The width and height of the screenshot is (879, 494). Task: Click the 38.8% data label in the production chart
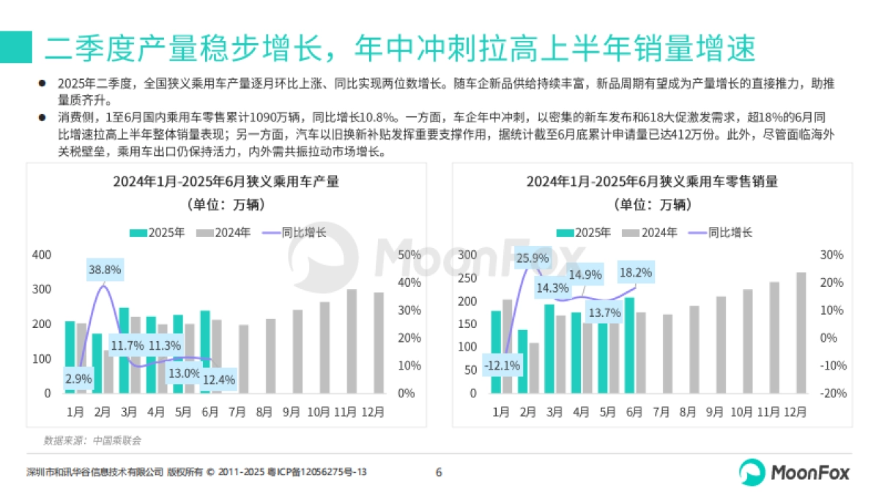[105, 269]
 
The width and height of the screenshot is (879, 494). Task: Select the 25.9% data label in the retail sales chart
[532, 258]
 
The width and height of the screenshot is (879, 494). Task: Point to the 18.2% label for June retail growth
[635, 272]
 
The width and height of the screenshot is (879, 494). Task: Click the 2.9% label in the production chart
[78, 379]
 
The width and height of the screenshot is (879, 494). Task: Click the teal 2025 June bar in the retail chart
[629, 345]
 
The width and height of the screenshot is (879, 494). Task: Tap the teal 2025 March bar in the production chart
[124, 350]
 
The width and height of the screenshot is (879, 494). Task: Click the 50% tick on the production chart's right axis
[408, 255]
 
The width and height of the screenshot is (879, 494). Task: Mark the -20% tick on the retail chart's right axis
[832, 393]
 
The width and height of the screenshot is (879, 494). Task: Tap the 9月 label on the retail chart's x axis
[715, 413]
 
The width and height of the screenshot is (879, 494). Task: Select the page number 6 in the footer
[439, 472]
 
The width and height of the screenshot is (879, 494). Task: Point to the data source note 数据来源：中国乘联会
[92, 441]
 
